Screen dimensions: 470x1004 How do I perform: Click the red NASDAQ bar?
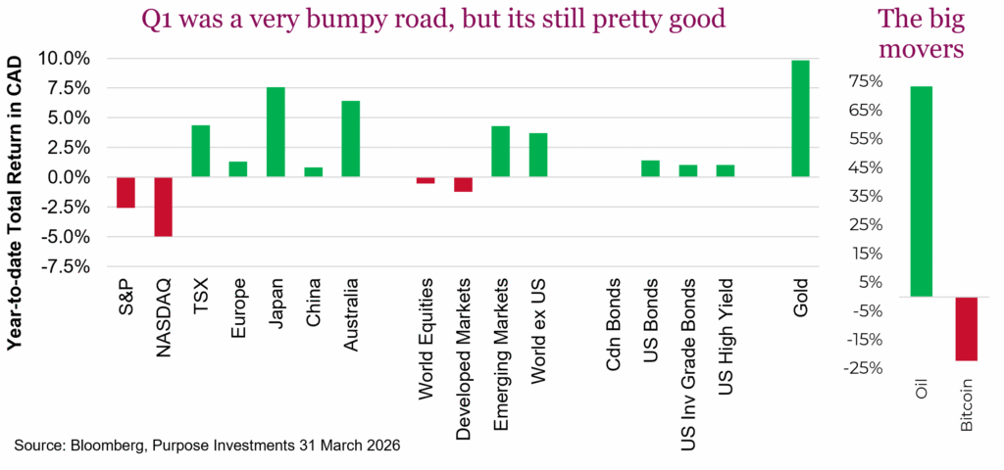[x=163, y=207]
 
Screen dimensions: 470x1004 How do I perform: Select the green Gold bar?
[x=800, y=119]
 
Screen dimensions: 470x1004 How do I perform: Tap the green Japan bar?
[x=276, y=132]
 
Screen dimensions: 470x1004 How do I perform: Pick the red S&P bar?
[x=125, y=192]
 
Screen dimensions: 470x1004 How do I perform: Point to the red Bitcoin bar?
[x=966, y=329]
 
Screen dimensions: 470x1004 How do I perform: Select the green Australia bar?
[x=350, y=139]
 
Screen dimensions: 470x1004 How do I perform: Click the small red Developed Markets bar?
[x=463, y=184]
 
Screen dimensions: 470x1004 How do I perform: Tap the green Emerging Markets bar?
[x=500, y=152]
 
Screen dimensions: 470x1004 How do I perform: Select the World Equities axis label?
[x=426, y=342]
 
